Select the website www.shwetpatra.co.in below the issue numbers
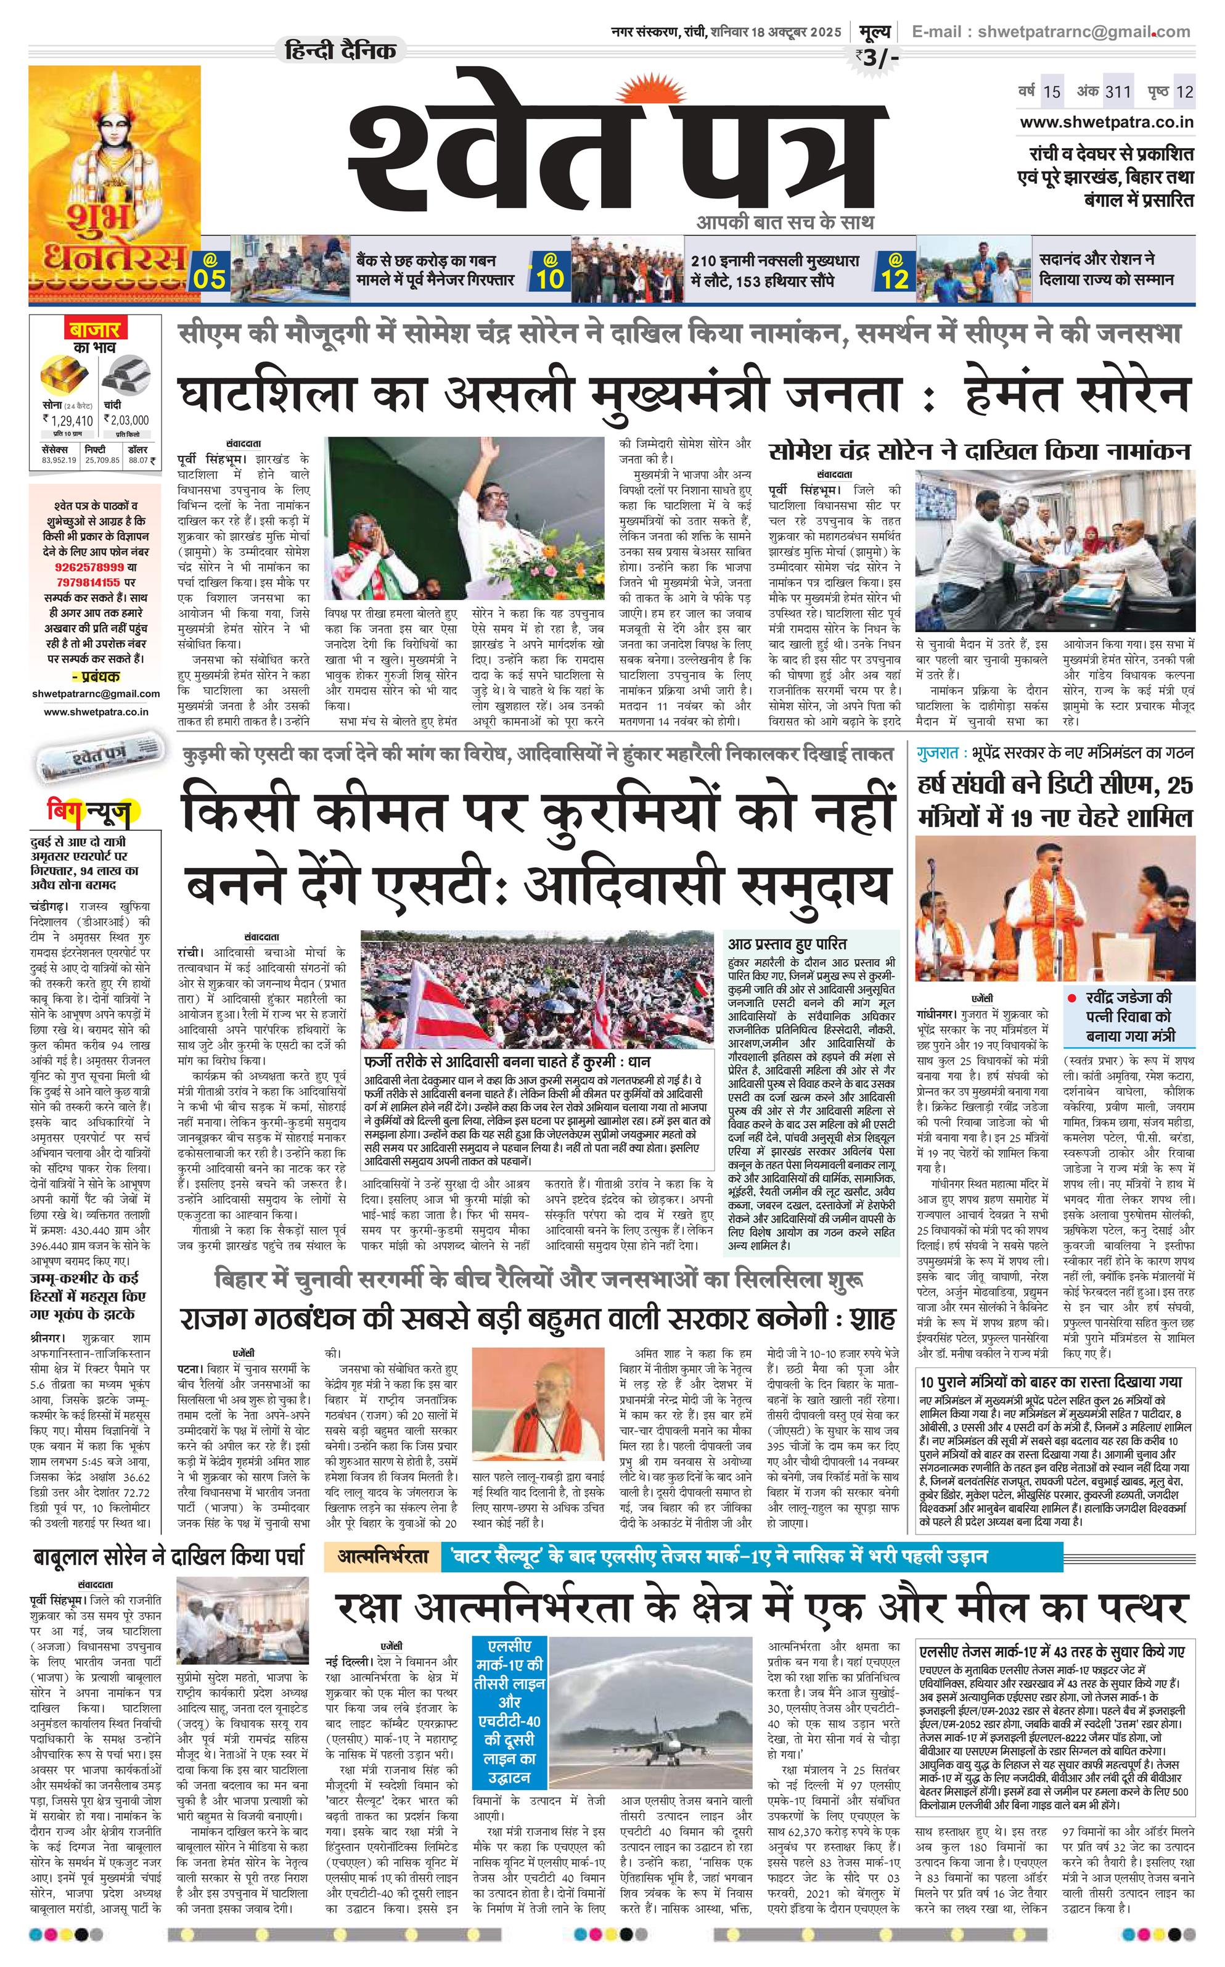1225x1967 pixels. [1107, 122]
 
